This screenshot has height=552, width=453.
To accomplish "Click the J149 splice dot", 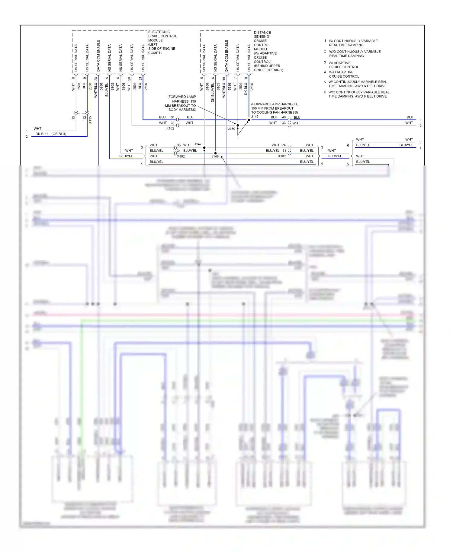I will pyautogui.click(x=249, y=120).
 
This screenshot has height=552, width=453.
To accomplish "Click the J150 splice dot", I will pyautogui.click(x=238, y=125).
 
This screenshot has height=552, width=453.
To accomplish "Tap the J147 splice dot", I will pyautogui.click(x=204, y=148).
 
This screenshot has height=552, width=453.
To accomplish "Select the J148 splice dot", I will pyautogui.click(x=215, y=153).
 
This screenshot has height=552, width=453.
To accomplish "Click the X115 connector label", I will pyautogui.click(x=90, y=120).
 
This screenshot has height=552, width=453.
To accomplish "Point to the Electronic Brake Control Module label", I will pyautogui.click(x=162, y=42).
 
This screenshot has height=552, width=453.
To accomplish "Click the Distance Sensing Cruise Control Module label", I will pyautogui.click(x=268, y=51).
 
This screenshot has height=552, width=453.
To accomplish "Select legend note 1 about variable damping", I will pyautogui.click(x=353, y=43).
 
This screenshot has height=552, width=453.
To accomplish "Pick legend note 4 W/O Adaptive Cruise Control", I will pyautogui.click(x=344, y=74).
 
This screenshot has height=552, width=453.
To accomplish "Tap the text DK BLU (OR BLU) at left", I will pyautogui.click(x=51, y=134).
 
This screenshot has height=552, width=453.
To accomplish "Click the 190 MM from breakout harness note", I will pyautogui.click(x=274, y=108).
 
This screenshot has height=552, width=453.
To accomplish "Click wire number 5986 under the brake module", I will pyautogui.click(x=101, y=87).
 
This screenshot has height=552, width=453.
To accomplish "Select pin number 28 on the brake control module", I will pyautogui.click(x=96, y=79).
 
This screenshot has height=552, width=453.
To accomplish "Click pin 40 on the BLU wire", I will pyautogui.click(x=284, y=117).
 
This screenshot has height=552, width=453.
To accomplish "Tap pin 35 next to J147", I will pyautogui.click(x=178, y=145).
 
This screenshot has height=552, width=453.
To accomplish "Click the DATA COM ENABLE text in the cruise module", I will pyautogui.click(x=226, y=56).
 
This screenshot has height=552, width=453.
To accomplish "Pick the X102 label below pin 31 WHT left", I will pyautogui.click(x=170, y=128).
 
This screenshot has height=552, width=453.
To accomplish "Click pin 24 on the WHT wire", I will pyautogui.click(x=284, y=145).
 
